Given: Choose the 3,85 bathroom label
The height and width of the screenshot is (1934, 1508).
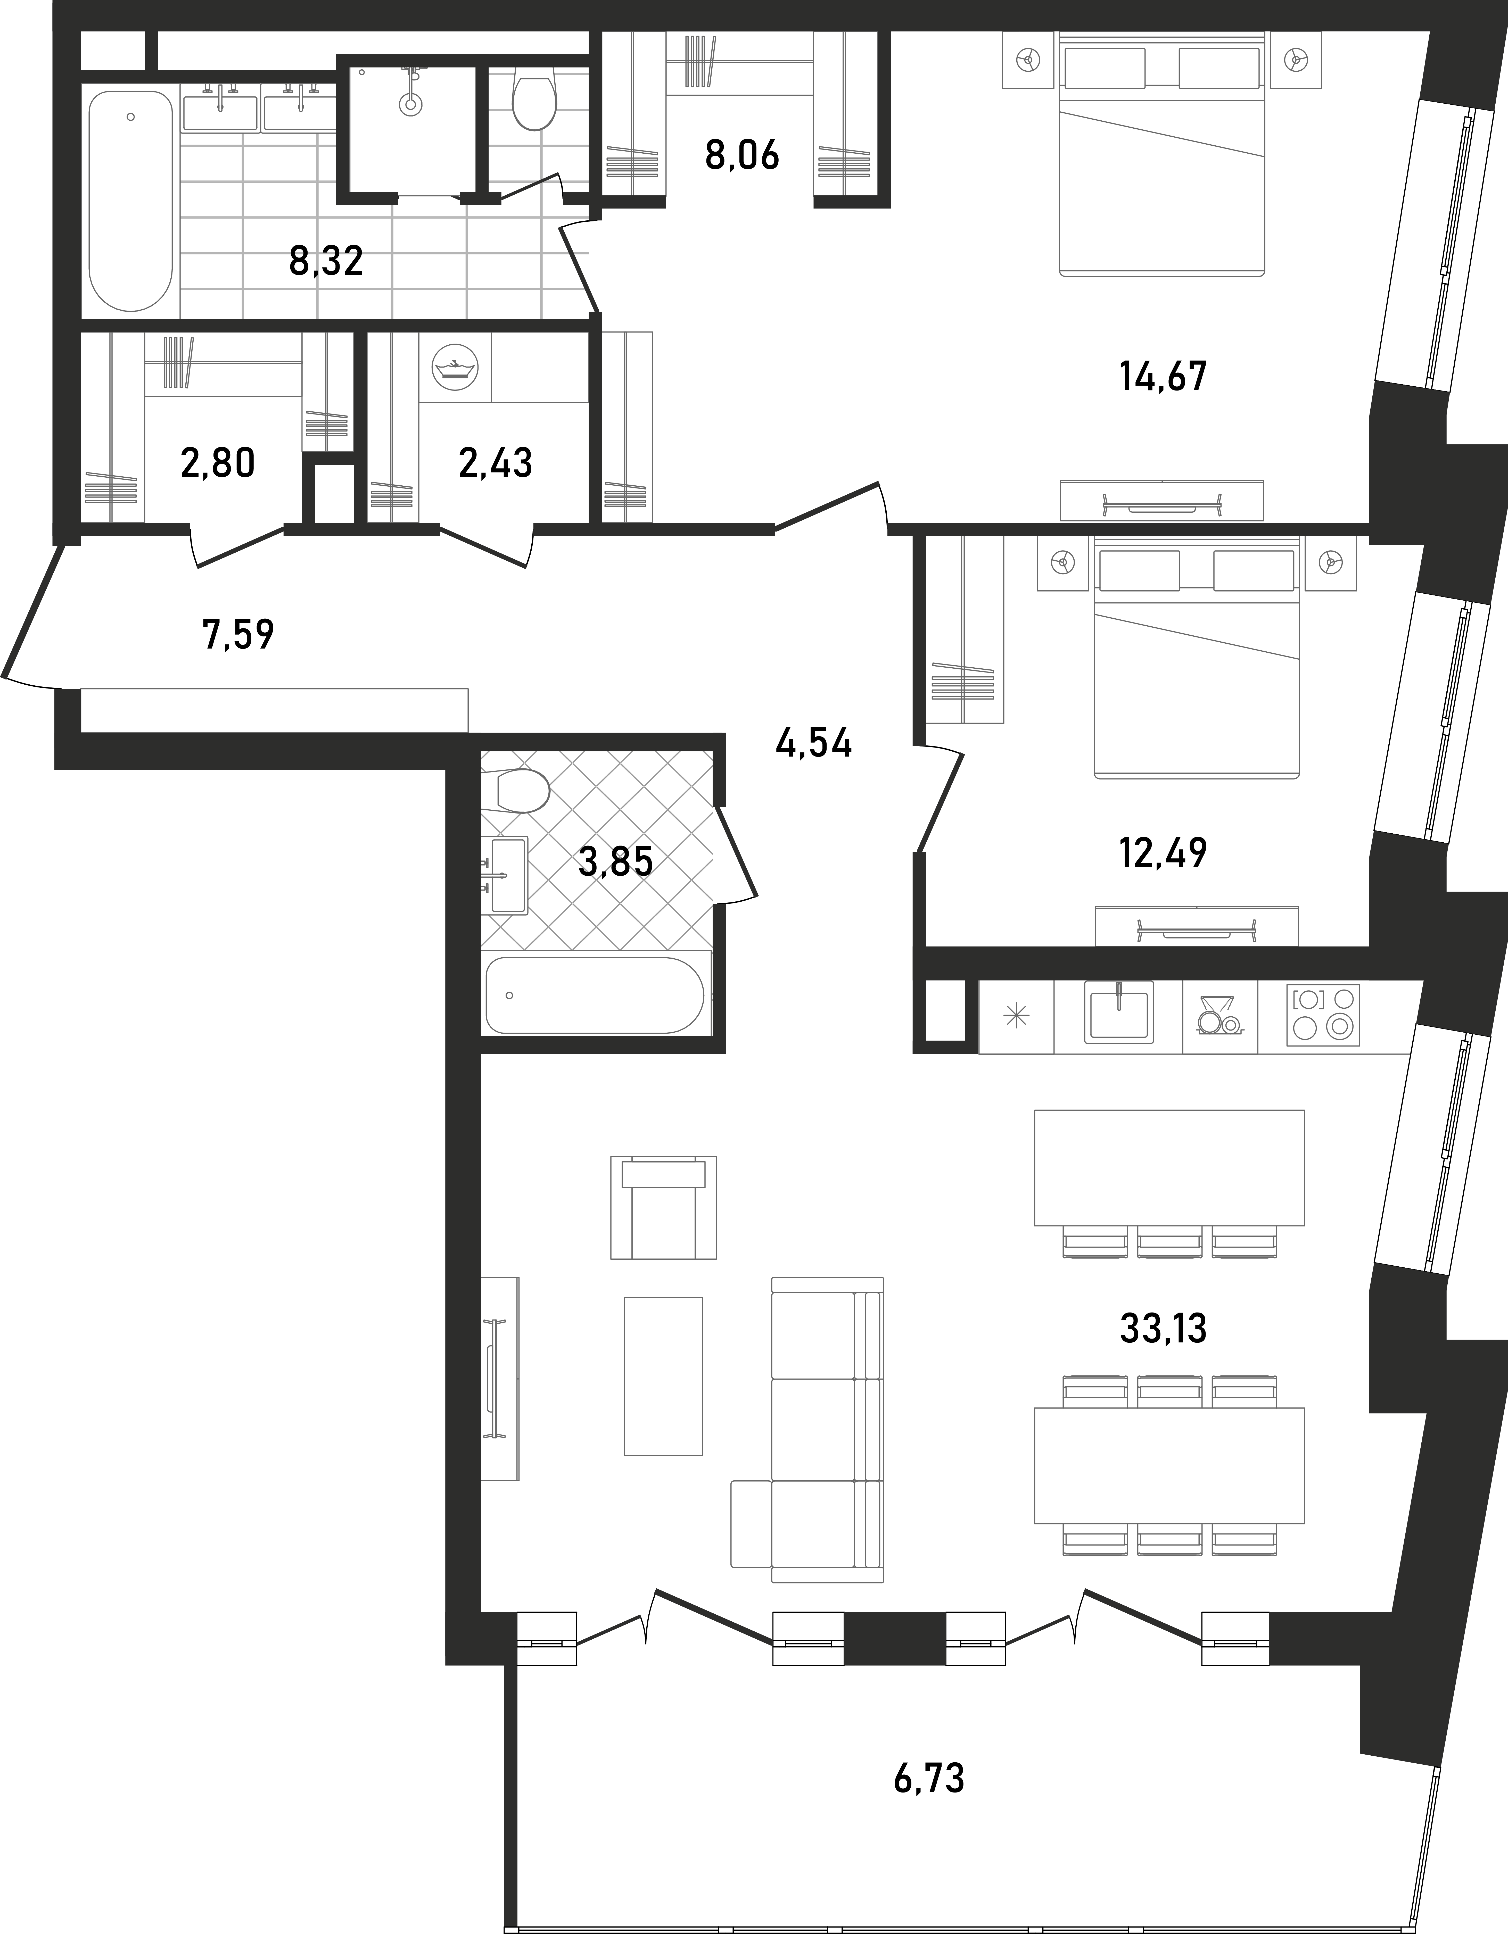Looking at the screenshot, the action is coord(615,861).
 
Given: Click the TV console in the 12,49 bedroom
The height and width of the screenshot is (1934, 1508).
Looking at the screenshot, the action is coord(1196,925).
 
